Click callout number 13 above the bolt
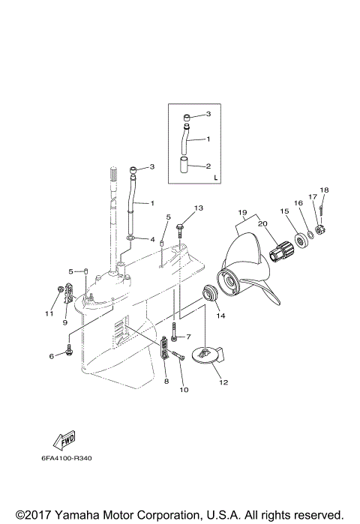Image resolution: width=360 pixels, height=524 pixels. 199,208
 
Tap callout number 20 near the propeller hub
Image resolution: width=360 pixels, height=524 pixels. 263,224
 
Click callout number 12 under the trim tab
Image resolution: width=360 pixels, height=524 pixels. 223,382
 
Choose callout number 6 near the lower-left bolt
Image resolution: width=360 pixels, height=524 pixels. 52,356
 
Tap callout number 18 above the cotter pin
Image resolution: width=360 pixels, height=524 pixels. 324,190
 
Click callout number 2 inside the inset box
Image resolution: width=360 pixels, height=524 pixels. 208,166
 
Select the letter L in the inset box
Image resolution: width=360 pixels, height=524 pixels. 215,178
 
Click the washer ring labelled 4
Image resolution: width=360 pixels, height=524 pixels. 131,239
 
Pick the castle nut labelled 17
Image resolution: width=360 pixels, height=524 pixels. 318,229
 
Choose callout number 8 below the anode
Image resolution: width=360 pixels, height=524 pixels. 166,382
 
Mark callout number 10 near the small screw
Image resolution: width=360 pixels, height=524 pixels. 183,391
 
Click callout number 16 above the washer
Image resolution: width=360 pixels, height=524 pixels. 297,202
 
